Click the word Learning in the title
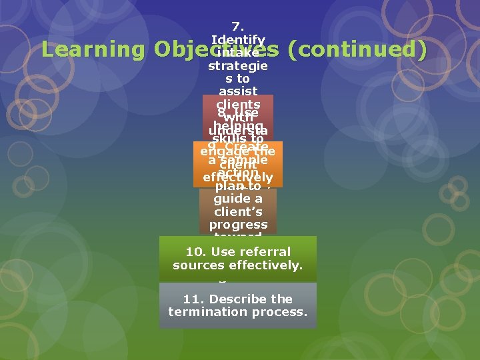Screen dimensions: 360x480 coord(93,50)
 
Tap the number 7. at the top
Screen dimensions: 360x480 coord(238,27)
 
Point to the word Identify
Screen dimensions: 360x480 coord(238,40)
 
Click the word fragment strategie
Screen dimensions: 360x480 coord(238,66)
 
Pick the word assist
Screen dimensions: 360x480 coord(238,91)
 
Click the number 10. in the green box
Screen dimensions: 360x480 coord(197,252)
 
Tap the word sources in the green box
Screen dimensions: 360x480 coord(199,265)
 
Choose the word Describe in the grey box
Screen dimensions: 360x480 coord(233,299)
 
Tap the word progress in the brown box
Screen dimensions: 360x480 coord(238,225)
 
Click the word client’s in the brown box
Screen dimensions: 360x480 coord(238,212)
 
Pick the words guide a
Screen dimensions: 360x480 coord(238,199)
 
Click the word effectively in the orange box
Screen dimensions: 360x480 coord(238,177)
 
